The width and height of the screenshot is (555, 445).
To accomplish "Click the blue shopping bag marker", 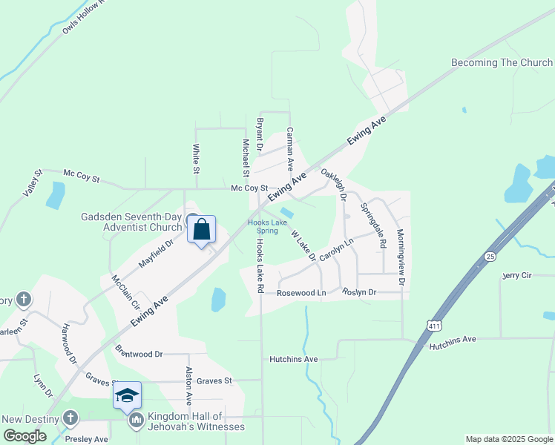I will (201, 231).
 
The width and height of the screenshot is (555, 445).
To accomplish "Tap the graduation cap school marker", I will (127, 395).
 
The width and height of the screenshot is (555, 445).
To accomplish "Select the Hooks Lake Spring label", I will (267, 226).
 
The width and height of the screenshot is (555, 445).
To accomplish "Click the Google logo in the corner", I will (24, 436).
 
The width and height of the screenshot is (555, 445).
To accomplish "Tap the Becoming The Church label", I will (502, 63).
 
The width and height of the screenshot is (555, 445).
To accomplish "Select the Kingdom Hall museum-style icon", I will (136, 421).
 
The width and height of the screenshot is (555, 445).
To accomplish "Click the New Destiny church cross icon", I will (70, 418).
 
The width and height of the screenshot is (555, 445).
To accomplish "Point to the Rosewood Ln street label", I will (301, 293).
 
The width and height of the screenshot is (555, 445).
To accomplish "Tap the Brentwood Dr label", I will (139, 354).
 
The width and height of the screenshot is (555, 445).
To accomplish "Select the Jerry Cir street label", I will (518, 275).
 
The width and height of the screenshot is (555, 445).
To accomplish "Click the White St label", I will (197, 159).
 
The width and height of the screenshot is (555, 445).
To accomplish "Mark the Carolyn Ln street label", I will (338, 253).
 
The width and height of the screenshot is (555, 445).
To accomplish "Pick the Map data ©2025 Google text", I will (508, 439).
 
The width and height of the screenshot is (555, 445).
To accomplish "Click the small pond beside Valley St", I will (55, 195).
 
